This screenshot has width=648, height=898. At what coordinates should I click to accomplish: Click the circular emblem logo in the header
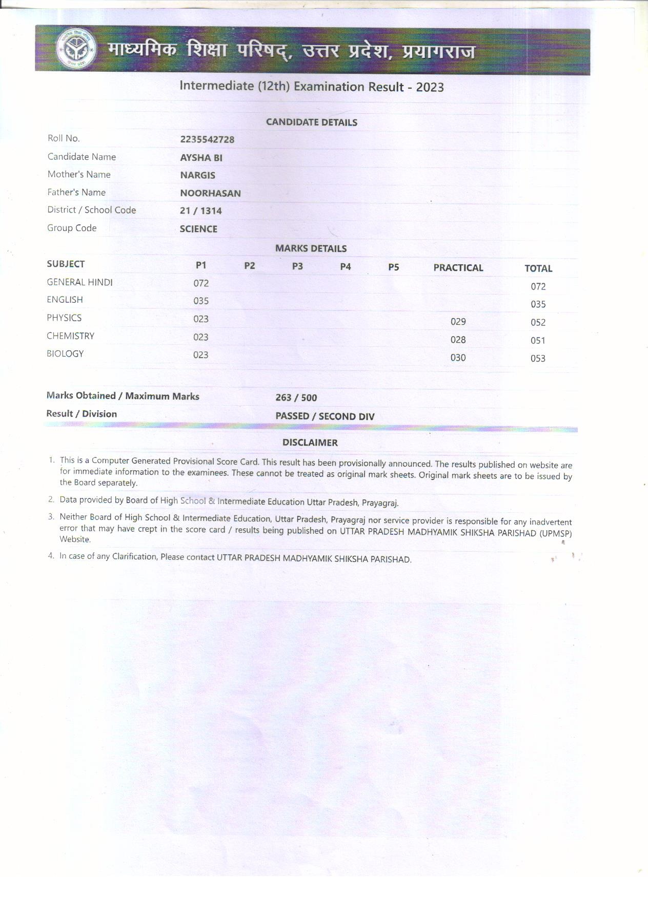76,50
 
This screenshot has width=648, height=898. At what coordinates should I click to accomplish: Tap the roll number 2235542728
207,139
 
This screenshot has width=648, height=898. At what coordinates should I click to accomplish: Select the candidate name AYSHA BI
201,158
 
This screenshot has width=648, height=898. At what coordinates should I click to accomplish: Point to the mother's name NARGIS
197,175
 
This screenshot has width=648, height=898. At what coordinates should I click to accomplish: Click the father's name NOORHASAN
210,193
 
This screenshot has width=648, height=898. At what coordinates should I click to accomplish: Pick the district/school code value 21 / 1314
200,211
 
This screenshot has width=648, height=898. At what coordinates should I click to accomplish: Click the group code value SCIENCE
198,229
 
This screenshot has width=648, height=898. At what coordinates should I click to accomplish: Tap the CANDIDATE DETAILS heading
311,122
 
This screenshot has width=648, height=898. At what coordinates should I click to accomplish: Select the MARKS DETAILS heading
311,248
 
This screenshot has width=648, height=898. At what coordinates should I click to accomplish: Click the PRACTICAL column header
458,267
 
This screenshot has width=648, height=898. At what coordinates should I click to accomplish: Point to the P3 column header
297,266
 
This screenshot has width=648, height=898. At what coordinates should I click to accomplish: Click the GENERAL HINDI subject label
79,282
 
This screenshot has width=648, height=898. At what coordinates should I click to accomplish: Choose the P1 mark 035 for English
201,301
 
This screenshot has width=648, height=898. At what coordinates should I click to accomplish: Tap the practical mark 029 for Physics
458,322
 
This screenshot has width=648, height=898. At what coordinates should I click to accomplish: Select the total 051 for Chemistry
538,341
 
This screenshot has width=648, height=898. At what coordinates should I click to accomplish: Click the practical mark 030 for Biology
458,358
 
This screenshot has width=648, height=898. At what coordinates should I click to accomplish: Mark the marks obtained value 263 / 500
296,398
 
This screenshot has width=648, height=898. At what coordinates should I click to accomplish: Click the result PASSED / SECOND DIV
325,416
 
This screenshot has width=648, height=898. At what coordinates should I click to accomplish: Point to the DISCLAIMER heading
310,443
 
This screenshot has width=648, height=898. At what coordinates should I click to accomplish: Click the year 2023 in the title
430,87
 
